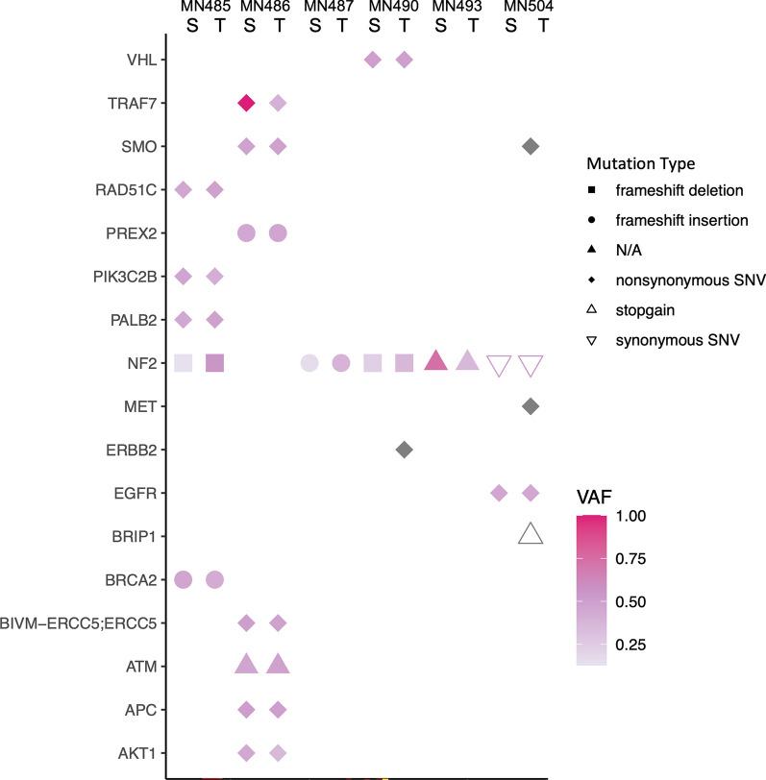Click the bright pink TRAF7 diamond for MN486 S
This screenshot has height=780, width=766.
click(x=246, y=103)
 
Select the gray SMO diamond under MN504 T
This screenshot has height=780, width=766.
click(x=530, y=146)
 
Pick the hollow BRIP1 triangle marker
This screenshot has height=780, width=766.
click(x=530, y=535)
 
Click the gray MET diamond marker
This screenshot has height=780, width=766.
click(x=530, y=406)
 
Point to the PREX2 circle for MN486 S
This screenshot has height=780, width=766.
click(x=246, y=232)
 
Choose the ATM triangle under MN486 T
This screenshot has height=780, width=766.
click(x=279, y=664)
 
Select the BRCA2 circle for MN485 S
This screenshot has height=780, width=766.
click(x=184, y=579)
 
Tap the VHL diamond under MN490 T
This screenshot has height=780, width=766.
click(x=405, y=61)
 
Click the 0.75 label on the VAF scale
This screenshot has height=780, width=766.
click(x=660, y=559)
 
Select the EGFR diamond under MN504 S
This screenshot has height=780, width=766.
click(x=499, y=493)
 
